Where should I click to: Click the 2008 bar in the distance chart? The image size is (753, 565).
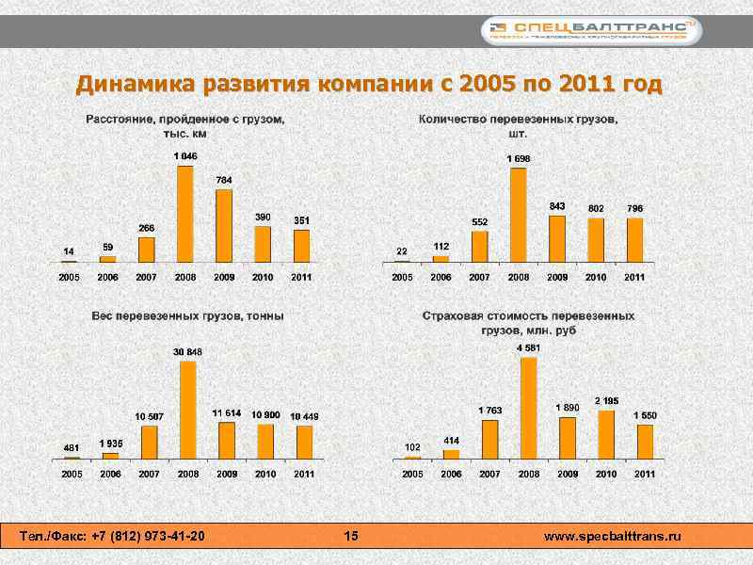tap(185, 214)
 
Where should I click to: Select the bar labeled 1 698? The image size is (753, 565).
tap(518, 215)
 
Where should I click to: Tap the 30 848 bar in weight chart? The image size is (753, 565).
tap(188, 410)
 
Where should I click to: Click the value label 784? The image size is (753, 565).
tap(224, 179)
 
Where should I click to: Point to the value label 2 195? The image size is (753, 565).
tap(606, 401)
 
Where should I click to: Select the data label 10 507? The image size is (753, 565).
tap(149, 416)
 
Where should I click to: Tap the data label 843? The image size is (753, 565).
tap(557, 205)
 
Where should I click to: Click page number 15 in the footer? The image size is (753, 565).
tap(351, 536)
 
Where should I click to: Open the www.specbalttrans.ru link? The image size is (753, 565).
tap(613, 536)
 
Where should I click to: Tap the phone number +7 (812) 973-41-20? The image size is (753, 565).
tap(148, 536)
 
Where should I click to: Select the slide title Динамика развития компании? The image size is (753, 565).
tap(369, 85)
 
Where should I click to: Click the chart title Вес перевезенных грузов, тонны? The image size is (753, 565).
tap(187, 316)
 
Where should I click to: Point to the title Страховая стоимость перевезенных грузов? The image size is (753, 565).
tap(528, 323)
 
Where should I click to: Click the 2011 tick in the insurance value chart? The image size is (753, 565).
tap(644, 474)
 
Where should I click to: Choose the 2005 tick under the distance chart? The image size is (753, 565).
tap(70, 278)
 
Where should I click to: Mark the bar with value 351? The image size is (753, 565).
tap(301, 246)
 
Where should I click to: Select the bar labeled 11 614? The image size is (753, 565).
tap(227, 440)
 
